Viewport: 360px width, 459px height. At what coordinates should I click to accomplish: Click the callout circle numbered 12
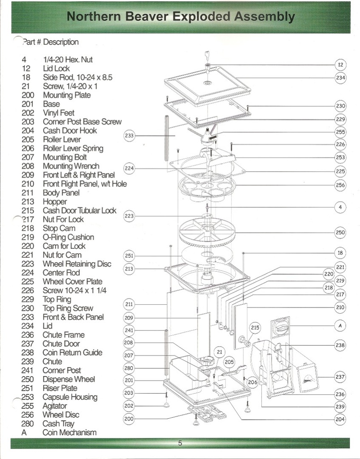340,65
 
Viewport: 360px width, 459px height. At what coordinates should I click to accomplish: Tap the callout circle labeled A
340,325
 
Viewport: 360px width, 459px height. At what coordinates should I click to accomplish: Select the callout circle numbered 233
129,135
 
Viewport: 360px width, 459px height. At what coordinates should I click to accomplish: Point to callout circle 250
340,232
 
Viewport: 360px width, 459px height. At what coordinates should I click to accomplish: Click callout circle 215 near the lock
255,328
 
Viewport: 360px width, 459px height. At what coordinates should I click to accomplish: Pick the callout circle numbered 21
220,352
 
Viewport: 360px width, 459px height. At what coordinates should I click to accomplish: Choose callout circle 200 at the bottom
129,419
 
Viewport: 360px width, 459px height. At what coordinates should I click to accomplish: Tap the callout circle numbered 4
340,207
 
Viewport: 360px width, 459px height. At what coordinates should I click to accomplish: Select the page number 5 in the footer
180,443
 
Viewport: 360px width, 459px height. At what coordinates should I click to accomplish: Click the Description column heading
61,42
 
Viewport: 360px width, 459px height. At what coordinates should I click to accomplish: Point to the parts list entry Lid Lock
56,69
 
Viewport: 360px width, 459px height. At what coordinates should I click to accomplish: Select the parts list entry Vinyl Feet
59,113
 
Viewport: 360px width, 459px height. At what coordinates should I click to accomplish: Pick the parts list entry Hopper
55,202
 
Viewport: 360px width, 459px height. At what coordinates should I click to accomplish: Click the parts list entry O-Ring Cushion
68,237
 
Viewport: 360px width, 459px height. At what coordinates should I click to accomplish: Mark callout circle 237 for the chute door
340,377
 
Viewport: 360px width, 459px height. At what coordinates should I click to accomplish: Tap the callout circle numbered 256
340,185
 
